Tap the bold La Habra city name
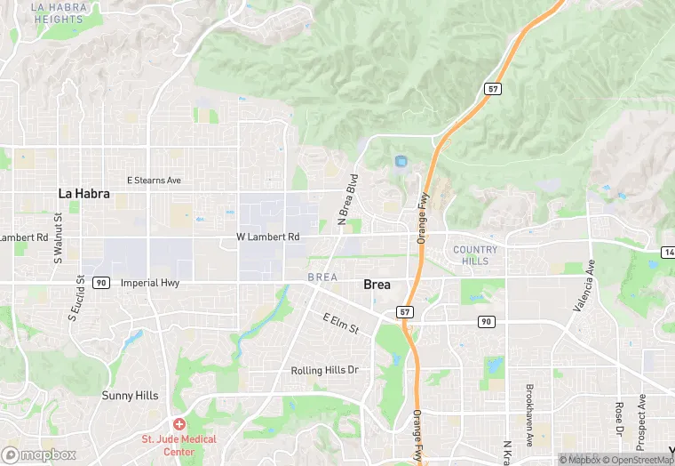point(83,193)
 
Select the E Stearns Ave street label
point(154,181)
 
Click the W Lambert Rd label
point(267,237)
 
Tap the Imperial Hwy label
point(149,283)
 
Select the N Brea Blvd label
point(347,199)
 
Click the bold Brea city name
point(377,285)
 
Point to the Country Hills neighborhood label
point(475,255)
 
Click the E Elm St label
point(340,324)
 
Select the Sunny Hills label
point(130,396)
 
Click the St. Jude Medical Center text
point(179,446)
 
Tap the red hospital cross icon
point(179,425)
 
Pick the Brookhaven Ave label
point(529,415)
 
